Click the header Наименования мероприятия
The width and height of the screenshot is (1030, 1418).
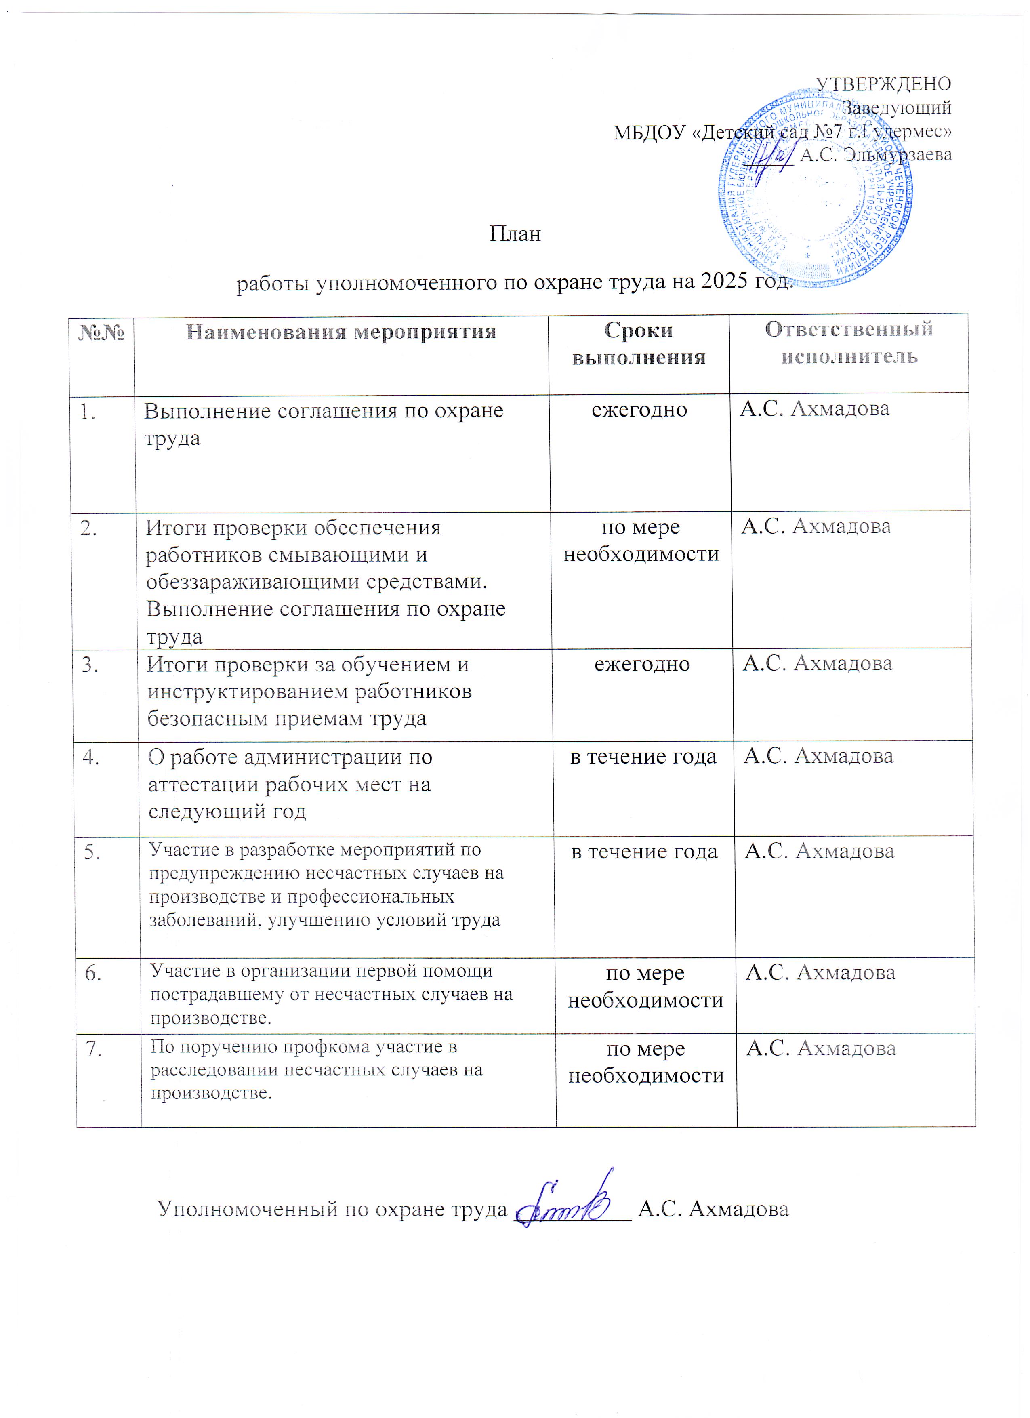(x=341, y=332)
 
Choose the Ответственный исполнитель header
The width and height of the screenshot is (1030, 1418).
(x=849, y=343)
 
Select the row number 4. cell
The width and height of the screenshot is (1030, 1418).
(x=91, y=757)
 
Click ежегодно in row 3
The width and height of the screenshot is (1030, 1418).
(x=642, y=664)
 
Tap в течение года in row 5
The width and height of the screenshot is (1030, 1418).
(x=644, y=852)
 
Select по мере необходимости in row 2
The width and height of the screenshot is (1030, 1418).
(x=641, y=541)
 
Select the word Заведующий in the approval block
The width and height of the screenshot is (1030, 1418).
(x=896, y=107)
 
